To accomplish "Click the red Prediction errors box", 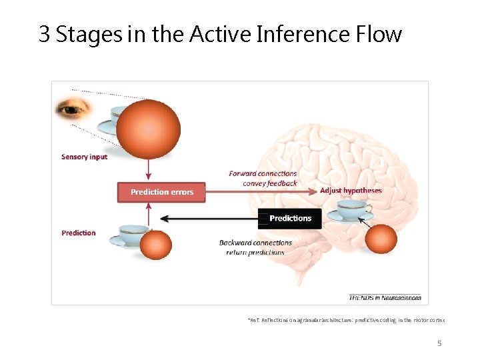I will (x=162, y=192).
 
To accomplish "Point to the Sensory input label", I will (x=84, y=157).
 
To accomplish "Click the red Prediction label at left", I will (x=79, y=233).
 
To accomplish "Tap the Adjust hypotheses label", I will (x=351, y=191).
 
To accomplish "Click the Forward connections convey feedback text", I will (x=263, y=178).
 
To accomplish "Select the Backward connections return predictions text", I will (x=255, y=247).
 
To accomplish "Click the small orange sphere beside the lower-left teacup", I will (x=156, y=245).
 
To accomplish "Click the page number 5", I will (x=439, y=343).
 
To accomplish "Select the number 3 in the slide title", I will (x=45, y=34).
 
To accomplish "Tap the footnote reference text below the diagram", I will (x=346, y=321).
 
